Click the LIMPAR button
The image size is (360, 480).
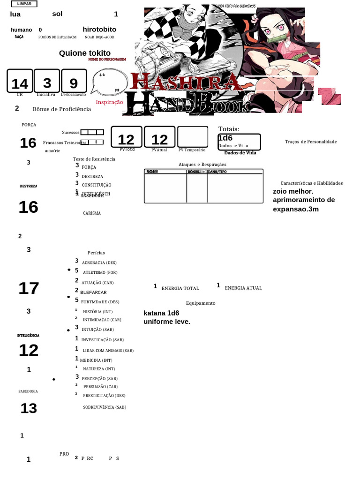(x=24, y=4)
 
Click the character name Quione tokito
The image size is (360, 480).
(x=85, y=53)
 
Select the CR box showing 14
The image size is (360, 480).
(x=20, y=82)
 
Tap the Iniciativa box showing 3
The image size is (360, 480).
(x=47, y=82)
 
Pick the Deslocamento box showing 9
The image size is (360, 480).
(x=74, y=82)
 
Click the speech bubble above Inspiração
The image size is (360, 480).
(x=110, y=83)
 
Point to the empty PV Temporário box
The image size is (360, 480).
(x=192, y=137)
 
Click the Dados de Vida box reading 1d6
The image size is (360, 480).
(x=239, y=141)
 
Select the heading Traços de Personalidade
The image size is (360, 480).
(x=311, y=142)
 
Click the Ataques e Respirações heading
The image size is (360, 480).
(x=202, y=165)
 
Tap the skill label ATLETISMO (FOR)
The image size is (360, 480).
(x=100, y=273)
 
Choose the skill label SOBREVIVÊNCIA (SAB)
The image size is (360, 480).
(x=104, y=407)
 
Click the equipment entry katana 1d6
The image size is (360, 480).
(x=161, y=313)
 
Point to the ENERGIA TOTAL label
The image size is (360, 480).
(x=180, y=289)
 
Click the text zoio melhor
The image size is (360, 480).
(x=293, y=191)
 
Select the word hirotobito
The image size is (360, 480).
(x=99, y=30)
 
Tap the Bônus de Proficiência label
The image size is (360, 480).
(x=61, y=109)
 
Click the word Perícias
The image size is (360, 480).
(x=96, y=253)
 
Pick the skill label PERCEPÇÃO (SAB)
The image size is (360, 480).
(x=100, y=378)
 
